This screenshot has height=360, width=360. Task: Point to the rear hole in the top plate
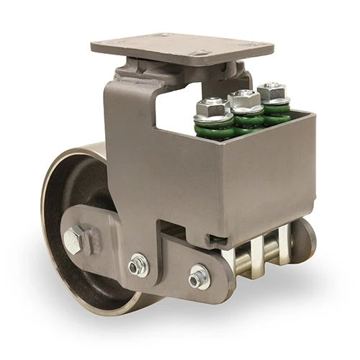[x=162, y=35]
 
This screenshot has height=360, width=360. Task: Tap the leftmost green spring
[x=215, y=130]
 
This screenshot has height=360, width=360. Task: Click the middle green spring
[x=246, y=120]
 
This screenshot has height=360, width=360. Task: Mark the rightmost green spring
[x=276, y=112]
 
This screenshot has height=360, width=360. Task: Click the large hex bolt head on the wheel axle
[x=74, y=240]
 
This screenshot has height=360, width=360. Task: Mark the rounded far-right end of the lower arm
[x=305, y=241]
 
